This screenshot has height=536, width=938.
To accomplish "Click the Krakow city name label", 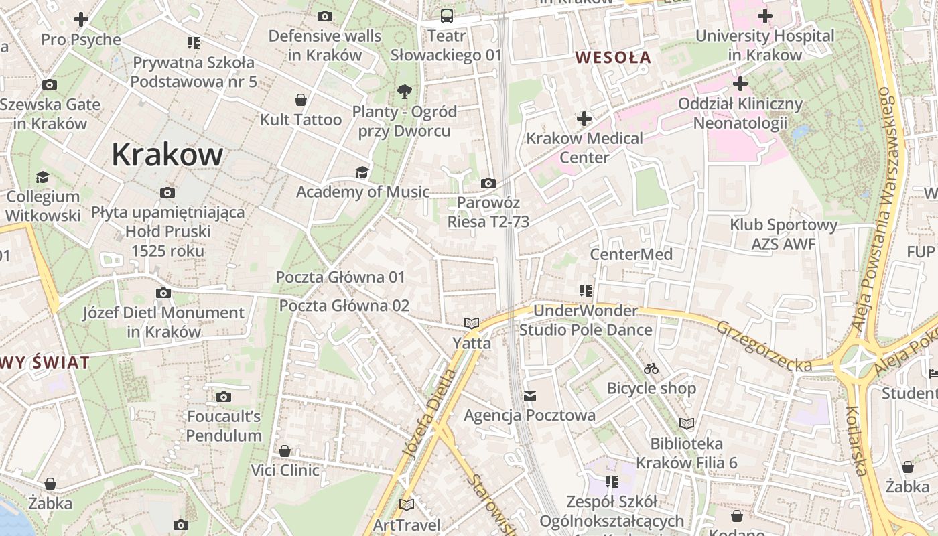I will [x=167, y=155].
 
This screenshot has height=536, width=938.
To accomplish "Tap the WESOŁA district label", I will [x=613, y=58].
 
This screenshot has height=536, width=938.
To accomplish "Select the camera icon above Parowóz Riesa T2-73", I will [x=488, y=183].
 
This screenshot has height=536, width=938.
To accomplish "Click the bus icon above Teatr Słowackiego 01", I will [x=446, y=16].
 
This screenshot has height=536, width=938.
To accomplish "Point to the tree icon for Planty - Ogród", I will [x=404, y=92].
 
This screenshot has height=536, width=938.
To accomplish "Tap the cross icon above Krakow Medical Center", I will [x=584, y=119].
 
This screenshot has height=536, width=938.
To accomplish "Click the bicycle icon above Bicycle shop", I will [x=651, y=368].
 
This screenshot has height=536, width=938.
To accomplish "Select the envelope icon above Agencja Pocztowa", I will [x=530, y=396].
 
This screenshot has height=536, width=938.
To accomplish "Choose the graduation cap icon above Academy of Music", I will [x=362, y=172].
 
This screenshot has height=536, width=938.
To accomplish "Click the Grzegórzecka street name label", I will [x=764, y=346].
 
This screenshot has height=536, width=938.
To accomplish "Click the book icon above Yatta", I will [x=472, y=324].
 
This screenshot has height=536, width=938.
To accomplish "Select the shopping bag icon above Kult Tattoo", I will [x=301, y=100].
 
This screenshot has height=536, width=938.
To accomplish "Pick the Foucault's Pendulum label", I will [x=224, y=426].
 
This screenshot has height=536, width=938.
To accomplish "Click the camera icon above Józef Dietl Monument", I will [x=163, y=293].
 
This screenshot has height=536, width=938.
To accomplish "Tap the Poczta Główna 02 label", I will [x=344, y=306].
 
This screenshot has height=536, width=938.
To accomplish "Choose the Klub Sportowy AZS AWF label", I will [x=783, y=234].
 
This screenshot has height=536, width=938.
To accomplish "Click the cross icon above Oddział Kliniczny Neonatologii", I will [x=740, y=84].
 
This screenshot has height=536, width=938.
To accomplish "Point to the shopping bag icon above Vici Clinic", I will [x=285, y=451].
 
